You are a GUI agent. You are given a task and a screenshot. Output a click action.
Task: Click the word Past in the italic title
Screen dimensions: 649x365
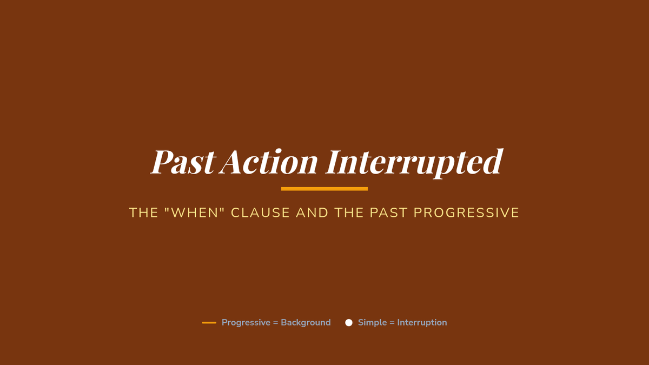pos(183,162)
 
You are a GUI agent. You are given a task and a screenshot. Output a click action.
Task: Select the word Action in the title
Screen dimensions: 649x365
pos(268,162)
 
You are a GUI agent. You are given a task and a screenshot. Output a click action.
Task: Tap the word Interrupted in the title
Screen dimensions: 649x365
pos(414,163)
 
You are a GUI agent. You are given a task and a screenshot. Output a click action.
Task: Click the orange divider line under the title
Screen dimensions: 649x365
pos(324,189)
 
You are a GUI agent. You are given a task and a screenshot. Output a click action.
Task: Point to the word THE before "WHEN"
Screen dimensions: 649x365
pos(143,213)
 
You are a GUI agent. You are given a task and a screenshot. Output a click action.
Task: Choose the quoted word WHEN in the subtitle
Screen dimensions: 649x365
pos(194,213)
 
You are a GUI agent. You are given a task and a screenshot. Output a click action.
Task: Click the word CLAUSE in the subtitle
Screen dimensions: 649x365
pos(260,213)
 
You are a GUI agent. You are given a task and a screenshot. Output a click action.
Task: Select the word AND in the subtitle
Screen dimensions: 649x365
pos(312,213)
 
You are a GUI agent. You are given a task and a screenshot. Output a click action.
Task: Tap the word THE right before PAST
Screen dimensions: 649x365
pos(349,213)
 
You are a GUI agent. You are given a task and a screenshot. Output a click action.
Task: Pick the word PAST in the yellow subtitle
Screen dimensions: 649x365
pos(388,213)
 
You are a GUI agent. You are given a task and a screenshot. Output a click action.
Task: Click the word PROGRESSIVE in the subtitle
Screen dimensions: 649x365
pos(466,213)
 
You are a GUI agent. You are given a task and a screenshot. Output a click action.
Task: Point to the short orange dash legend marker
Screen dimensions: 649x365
pos(209,322)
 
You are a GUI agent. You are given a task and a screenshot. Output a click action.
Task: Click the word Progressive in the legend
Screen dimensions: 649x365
pos(246,323)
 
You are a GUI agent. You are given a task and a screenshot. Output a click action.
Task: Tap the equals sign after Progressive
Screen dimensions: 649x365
pos(275,323)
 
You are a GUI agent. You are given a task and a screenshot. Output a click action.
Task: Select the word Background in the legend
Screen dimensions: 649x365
pos(306,323)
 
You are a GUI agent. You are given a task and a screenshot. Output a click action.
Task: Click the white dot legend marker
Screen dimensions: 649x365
pos(349,322)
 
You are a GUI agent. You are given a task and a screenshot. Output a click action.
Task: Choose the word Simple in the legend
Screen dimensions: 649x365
pos(372,323)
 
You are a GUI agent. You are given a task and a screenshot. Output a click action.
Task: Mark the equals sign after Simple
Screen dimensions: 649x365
pos(392,323)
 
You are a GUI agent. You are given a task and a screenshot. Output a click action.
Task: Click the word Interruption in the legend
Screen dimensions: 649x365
pos(422,323)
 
